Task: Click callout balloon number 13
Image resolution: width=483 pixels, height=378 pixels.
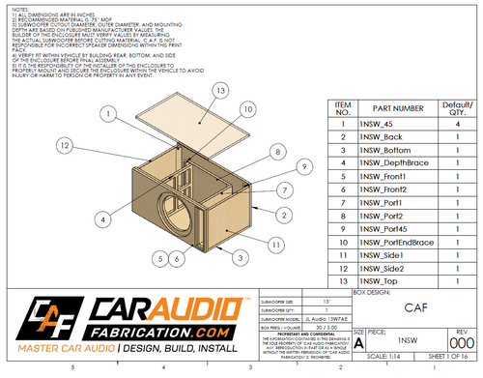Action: [220, 90]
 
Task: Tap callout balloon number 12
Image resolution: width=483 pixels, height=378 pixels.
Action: [65, 145]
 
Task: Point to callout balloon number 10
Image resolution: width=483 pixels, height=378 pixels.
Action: [249, 110]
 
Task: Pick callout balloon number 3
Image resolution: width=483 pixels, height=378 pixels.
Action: [237, 257]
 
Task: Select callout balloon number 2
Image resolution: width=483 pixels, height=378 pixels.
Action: [286, 213]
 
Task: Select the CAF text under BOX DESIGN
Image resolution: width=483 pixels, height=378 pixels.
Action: [414, 308]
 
